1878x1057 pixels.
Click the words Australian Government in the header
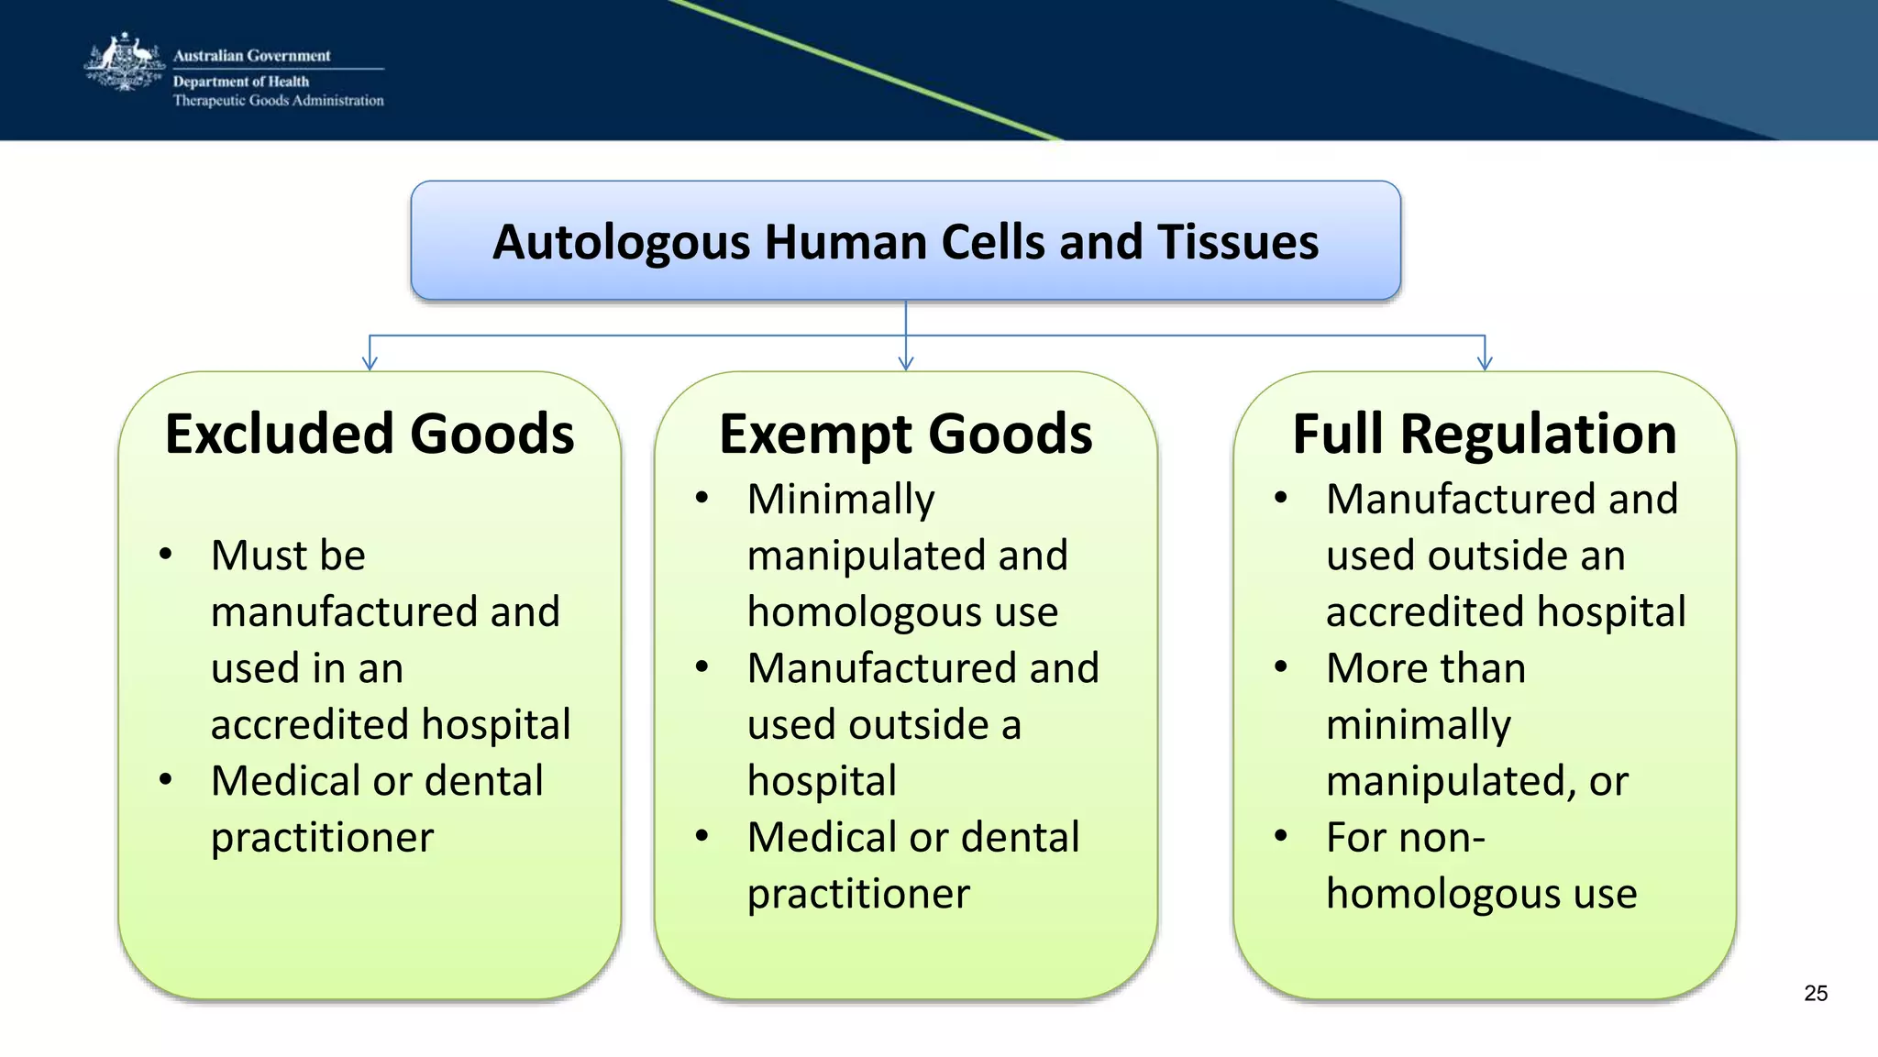point(251,56)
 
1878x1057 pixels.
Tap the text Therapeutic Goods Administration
point(278,101)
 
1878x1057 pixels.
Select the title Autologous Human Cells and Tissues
point(905,242)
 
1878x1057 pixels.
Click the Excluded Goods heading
point(370,434)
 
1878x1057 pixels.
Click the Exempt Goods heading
point(905,434)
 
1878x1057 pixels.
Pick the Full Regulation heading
point(1484,434)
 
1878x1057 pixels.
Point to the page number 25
point(1815,993)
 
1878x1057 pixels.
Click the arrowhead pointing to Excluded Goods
point(370,363)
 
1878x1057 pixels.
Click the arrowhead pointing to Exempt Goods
point(906,363)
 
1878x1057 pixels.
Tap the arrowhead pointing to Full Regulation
point(1485,363)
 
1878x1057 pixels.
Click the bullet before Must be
point(166,554)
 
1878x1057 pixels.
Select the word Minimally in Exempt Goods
point(840,500)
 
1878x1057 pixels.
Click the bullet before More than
point(1281,666)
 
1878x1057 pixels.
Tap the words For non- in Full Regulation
point(1405,837)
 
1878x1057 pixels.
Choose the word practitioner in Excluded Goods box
point(322,838)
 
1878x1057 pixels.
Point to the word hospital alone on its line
point(822,781)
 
